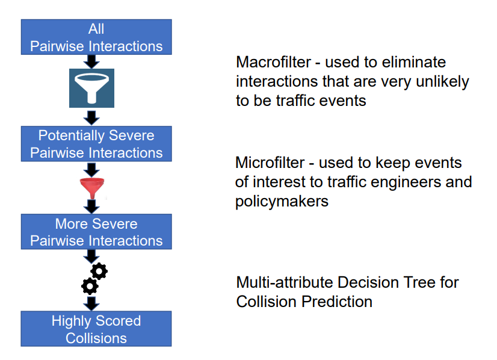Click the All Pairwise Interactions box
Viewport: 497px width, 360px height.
coord(96,37)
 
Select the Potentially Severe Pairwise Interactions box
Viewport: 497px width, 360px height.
coord(96,144)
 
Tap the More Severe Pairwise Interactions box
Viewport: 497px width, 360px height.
coord(96,232)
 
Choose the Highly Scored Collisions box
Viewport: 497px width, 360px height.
coord(96,329)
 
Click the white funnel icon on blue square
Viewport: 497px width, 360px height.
coord(91,89)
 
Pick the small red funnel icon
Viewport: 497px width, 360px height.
coord(91,188)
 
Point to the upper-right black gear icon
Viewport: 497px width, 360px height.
coord(99,272)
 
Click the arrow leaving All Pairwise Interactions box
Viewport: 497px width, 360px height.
coord(91,61)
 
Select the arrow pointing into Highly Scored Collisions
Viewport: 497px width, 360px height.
coord(91,302)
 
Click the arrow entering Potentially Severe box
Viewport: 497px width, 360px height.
coord(91,117)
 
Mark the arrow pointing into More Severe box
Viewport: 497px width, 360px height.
coord(91,206)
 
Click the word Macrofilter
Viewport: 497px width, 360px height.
coord(273,63)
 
